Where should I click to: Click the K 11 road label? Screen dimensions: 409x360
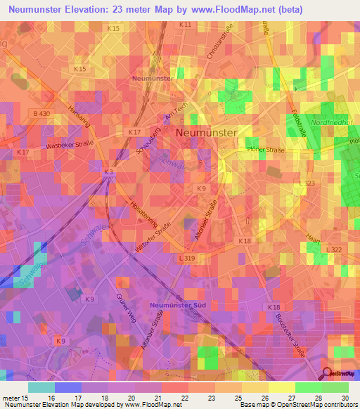185,24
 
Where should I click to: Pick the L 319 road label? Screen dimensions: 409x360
186,258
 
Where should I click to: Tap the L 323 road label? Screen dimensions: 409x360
307,183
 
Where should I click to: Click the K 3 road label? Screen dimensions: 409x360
108,171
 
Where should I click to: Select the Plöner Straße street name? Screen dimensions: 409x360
264,150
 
